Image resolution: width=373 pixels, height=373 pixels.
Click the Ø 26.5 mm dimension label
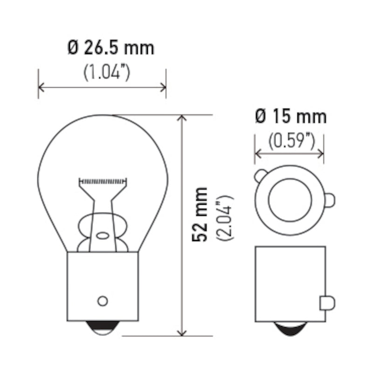tap(111, 48)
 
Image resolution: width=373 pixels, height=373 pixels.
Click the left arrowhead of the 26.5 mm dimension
tap(41, 87)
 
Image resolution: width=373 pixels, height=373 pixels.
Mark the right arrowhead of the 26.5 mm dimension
tap(163, 87)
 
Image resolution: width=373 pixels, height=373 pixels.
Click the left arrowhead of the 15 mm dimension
tap(258, 153)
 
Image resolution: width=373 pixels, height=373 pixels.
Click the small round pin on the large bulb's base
tap(103, 301)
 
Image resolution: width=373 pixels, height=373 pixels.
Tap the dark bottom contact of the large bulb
tap(103, 329)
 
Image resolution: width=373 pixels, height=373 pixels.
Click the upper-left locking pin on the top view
tap(261, 176)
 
